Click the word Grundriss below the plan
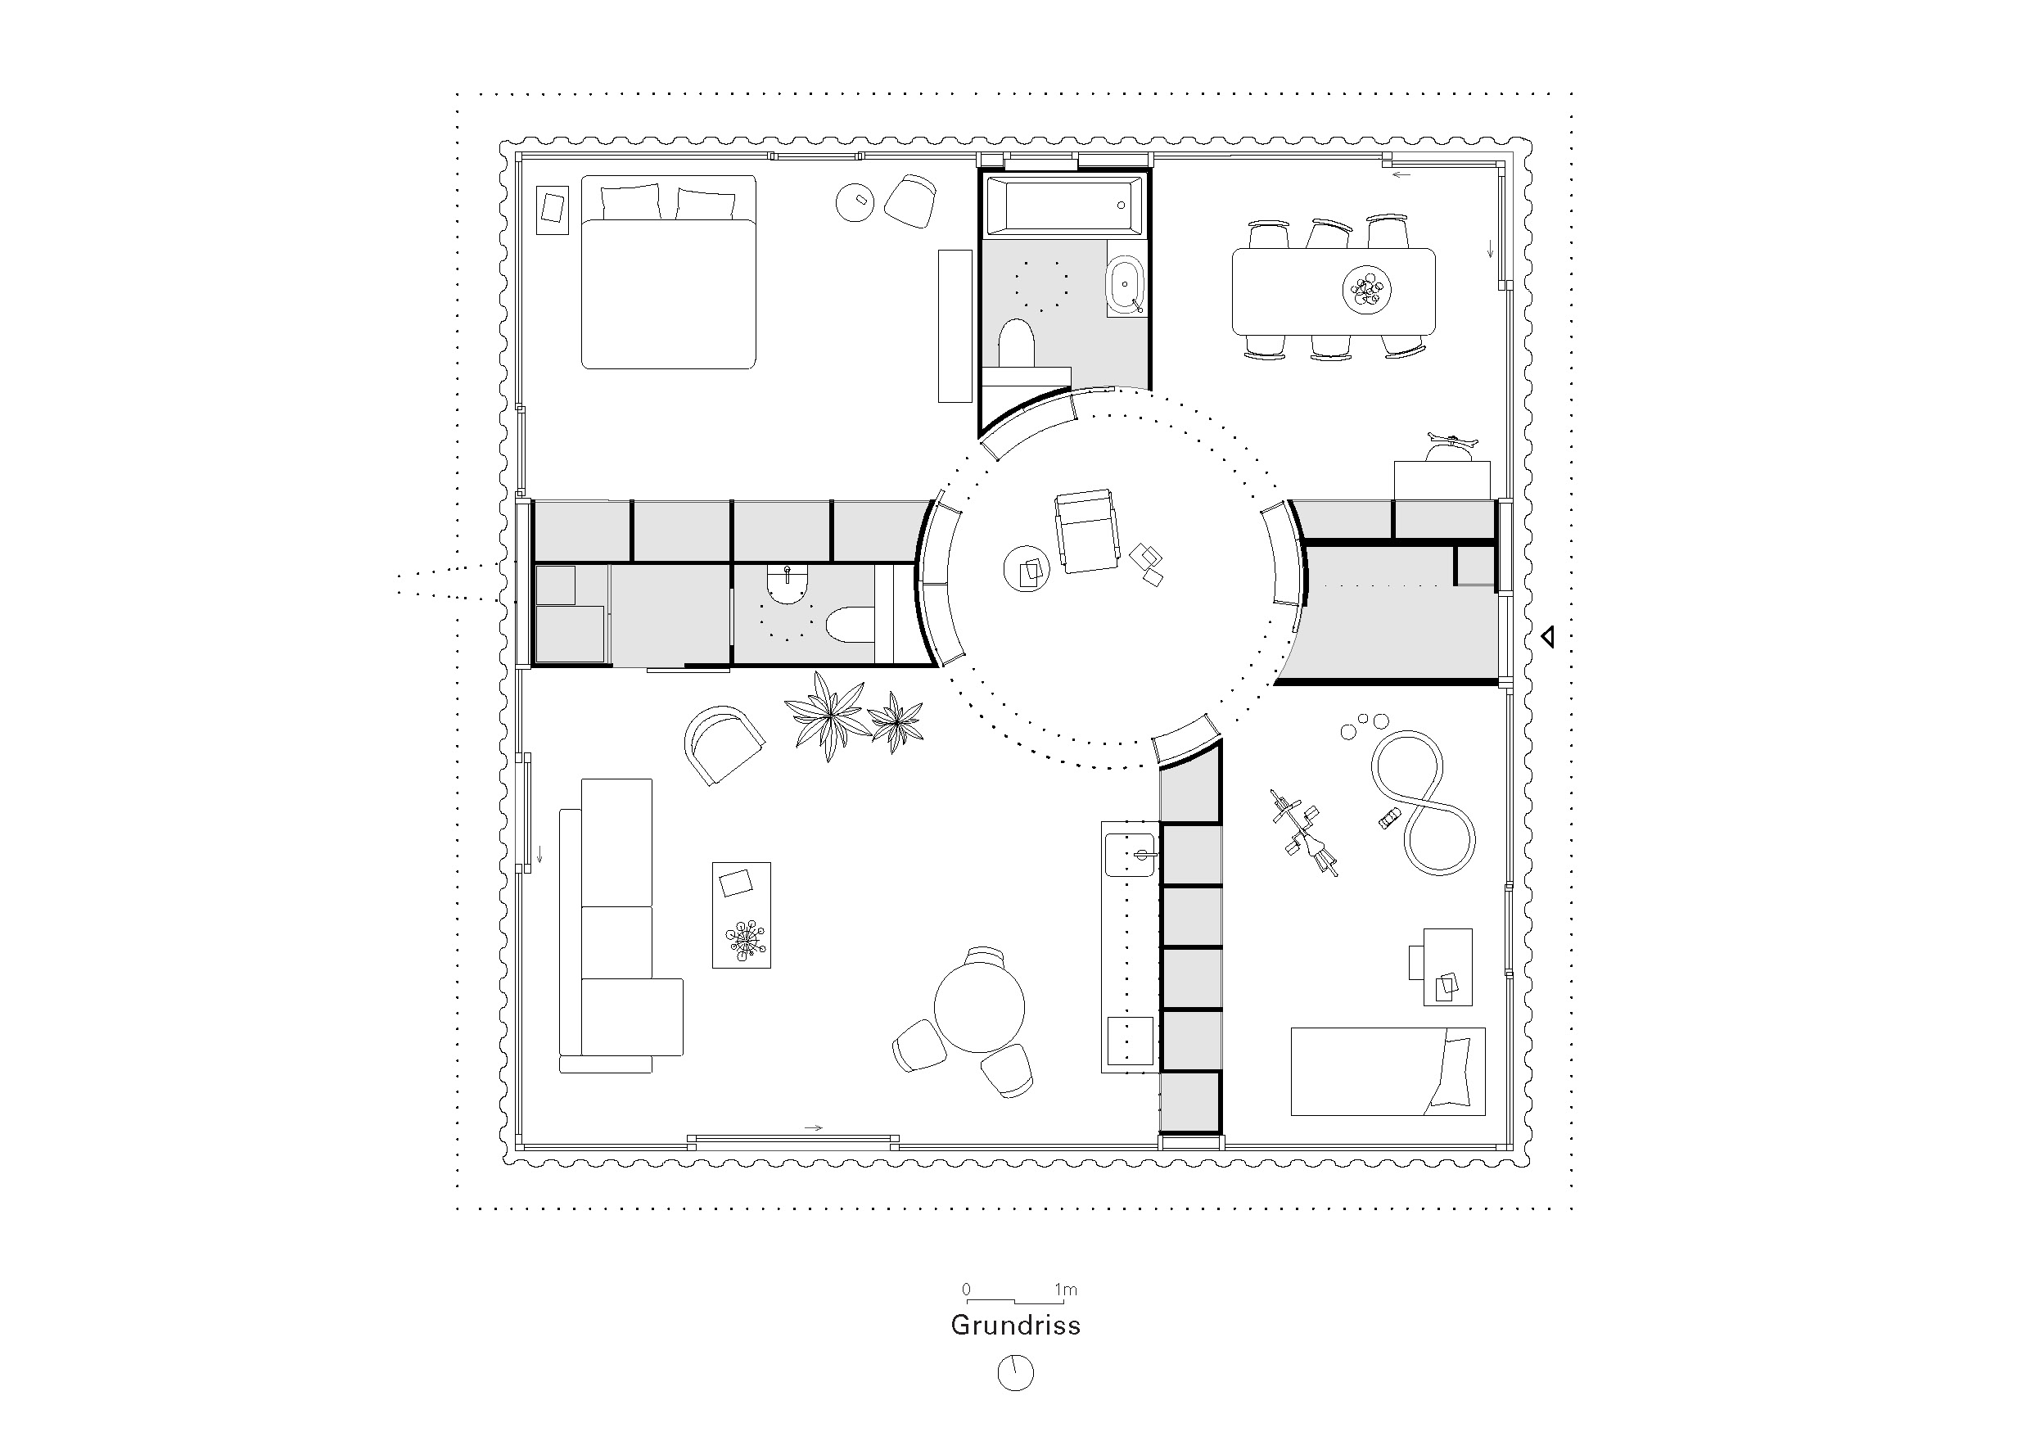(x=1014, y=1325)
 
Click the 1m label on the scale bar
(x=1065, y=1290)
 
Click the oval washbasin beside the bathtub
(x=1125, y=286)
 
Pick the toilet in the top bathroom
(x=1017, y=345)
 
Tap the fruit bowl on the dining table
(x=1365, y=289)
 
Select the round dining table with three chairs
(x=979, y=1006)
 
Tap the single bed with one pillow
(x=1387, y=1071)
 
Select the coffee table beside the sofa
(x=742, y=915)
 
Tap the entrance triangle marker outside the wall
(x=1547, y=637)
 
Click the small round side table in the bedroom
(x=855, y=202)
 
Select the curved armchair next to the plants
(x=723, y=743)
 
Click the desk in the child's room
(x=1447, y=967)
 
